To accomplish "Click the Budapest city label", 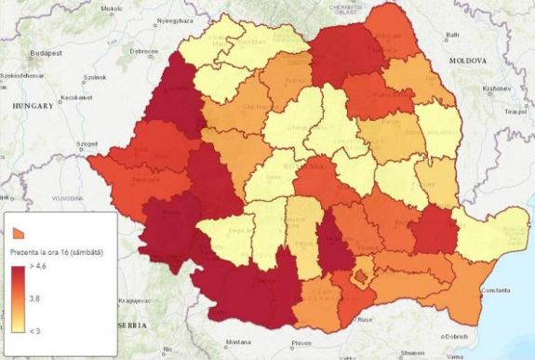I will coord(44,54).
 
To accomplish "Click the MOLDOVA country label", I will coord(469,60).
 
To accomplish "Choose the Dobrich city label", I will coord(456,336).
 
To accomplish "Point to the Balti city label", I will coord(453,35).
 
